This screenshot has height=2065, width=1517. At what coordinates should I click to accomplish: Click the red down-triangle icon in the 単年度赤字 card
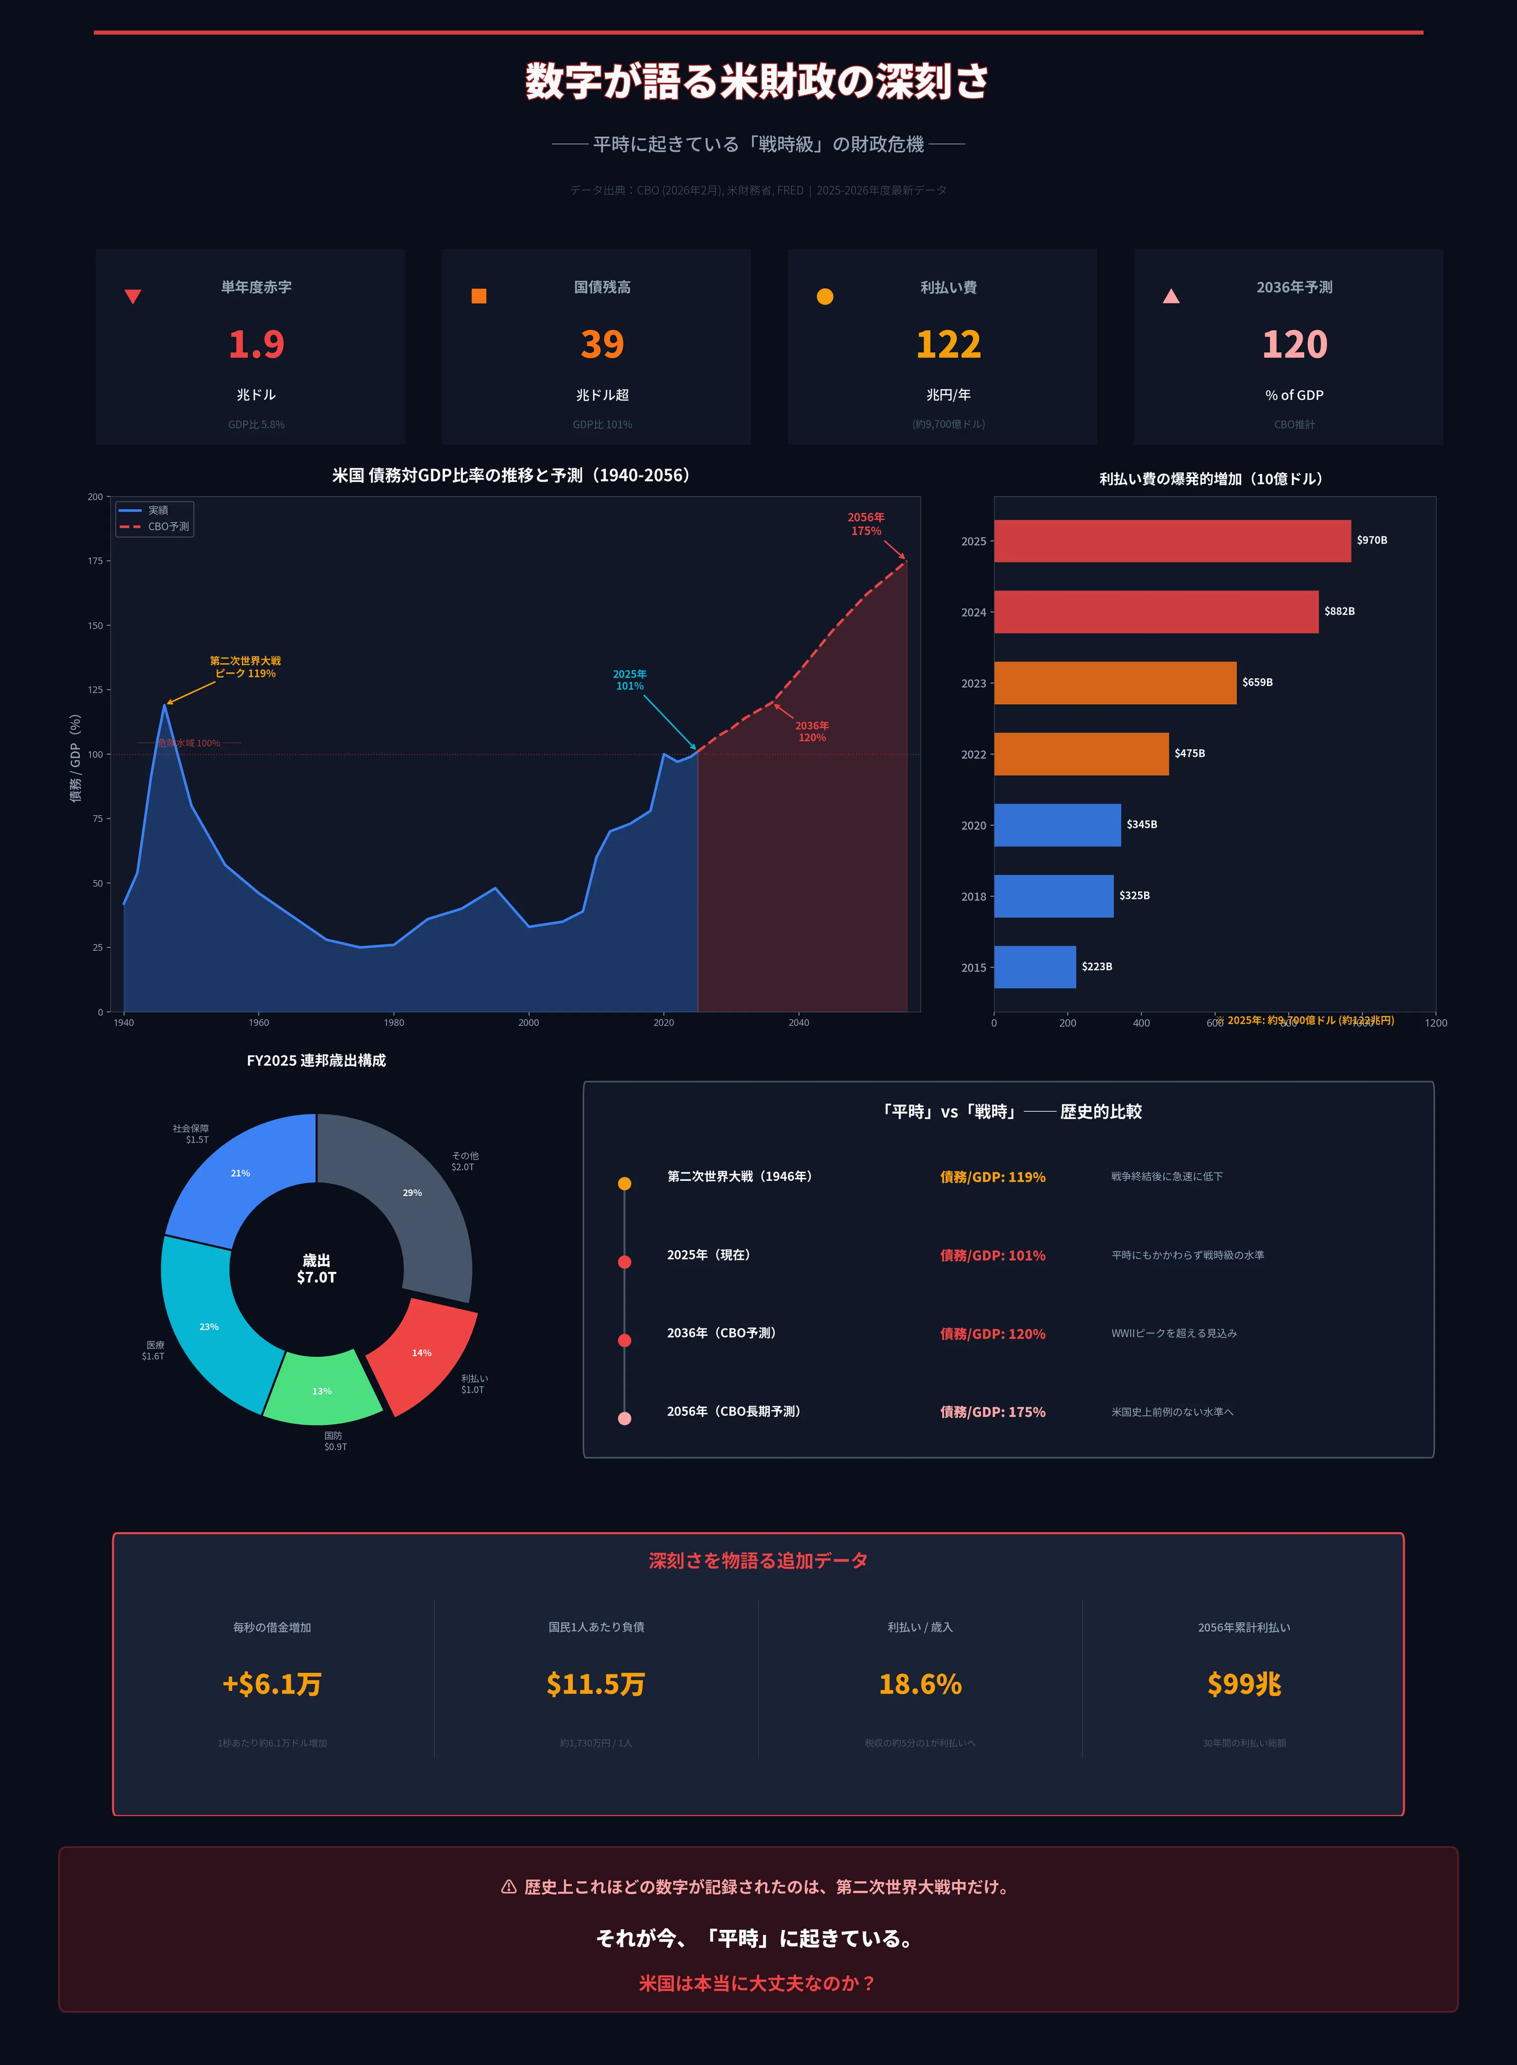pyautogui.click(x=132, y=296)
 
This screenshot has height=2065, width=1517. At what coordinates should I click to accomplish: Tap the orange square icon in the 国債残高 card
pyautogui.click(x=478, y=295)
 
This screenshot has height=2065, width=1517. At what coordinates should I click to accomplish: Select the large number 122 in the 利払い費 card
pyautogui.click(x=949, y=344)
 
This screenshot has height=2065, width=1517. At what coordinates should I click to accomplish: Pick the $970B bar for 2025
pyautogui.click(x=1172, y=541)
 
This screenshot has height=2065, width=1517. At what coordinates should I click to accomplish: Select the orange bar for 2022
pyautogui.click(x=1081, y=754)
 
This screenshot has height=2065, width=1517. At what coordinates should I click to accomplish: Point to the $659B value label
pyautogui.click(x=1257, y=682)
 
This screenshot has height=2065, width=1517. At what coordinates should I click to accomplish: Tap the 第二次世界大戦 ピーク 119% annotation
pyautogui.click(x=245, y=666)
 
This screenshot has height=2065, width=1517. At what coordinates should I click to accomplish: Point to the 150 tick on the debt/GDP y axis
pyautogui.click(x=95, y=625)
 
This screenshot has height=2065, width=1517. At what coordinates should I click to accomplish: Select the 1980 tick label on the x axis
pyautogui.click(x=394, y=1022)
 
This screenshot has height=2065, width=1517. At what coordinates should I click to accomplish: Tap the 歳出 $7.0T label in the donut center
pyautogui.click(x=317, y=1269)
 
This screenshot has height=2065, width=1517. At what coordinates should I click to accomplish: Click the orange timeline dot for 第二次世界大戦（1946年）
pyautogui.click(x=625, y=1184)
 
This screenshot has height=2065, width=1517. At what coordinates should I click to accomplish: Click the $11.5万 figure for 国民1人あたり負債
pyautogui.click(x=596, y=1684)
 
